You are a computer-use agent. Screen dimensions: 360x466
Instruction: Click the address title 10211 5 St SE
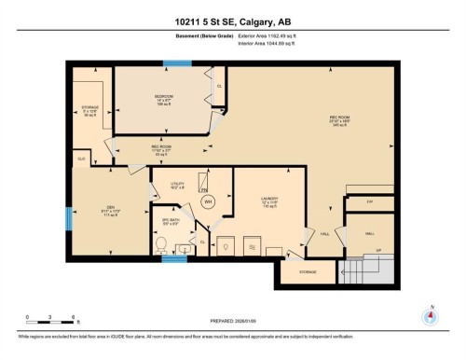point(233,21)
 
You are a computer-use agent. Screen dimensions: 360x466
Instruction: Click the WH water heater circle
point(209,201)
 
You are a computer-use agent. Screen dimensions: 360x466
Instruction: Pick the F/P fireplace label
point(370,201)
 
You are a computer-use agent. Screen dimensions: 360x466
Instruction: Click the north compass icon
point(430,316)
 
